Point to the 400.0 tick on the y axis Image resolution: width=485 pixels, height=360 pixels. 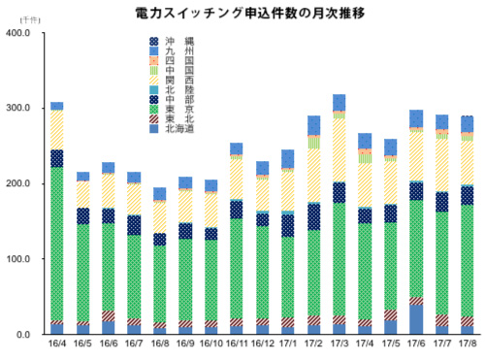click(17, 33)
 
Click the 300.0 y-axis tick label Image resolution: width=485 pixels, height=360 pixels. click(17, 109)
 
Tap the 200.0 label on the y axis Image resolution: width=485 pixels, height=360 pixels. click(17, 184)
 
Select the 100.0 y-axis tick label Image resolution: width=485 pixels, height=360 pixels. click(17, 260)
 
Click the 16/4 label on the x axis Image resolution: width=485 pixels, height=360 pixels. click(56, 344)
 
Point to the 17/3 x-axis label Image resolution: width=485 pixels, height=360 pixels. click(339, 344)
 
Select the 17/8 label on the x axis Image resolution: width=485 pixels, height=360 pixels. click(467, 344)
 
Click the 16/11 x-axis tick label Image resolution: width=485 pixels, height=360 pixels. click(236, 344)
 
